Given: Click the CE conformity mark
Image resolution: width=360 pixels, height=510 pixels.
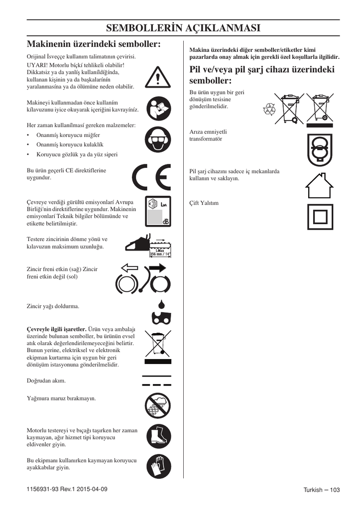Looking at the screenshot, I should pos(152,177).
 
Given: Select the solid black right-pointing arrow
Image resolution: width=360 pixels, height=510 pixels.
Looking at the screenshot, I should pos(157,268).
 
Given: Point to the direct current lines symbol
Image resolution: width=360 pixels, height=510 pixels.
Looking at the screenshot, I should pos(156,381).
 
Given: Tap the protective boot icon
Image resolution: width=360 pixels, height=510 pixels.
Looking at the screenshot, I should pos(158,436).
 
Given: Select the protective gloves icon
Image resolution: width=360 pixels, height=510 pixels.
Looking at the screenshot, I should pos(158,467).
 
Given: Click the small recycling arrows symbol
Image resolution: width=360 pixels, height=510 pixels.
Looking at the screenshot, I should pos(269,110).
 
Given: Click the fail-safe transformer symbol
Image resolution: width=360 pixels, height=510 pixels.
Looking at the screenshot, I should pos(319,149).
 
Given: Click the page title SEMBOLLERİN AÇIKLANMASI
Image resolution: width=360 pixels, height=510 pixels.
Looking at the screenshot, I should pos(183,28).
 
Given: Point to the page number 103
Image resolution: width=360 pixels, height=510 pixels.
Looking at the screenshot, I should pos(334,490).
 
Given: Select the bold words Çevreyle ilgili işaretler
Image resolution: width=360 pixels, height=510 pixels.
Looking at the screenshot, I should pos(56,329).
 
